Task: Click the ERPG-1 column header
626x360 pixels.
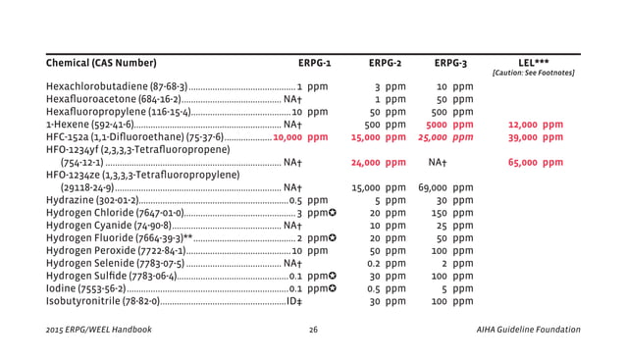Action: click(x=313, y=64)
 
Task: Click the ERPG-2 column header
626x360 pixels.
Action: click(x=385, y=64)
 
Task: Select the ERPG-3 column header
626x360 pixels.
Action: click(x=451, y=64)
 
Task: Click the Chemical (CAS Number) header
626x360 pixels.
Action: click(x=101, y=64)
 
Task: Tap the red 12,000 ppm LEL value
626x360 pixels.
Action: click(x=536, y=125)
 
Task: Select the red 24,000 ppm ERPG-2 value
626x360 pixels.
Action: click(x=378, y=163)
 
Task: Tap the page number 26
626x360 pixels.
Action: click(x=313, y=330)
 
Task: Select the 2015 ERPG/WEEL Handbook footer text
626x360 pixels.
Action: click(x=98, y=330)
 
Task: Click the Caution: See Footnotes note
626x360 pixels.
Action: click(x=533, y=74)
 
